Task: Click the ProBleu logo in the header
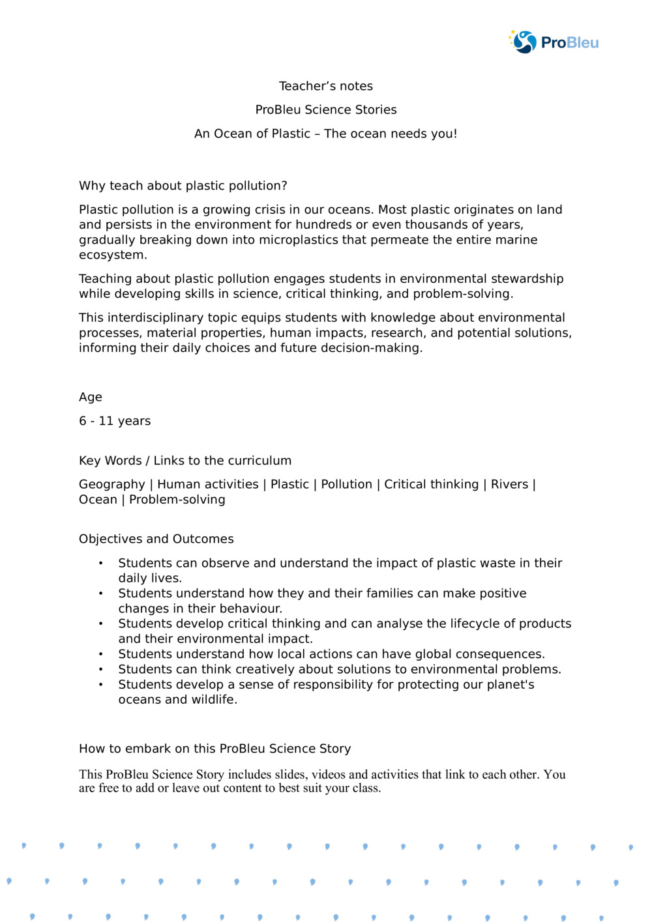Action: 554,42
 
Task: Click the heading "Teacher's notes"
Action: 326,86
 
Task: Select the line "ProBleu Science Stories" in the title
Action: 326,109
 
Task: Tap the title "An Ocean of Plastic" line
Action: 326,134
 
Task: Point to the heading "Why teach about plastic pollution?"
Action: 183,186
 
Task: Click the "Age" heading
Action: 91,397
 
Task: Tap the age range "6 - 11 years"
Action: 115,421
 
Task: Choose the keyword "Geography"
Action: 112,484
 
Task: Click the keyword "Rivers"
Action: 509,484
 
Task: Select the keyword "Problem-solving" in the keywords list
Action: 177,500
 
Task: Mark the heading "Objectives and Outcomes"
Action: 156,539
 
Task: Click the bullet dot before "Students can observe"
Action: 101,563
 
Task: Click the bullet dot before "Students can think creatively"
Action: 101,669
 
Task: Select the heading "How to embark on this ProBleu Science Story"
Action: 215,749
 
